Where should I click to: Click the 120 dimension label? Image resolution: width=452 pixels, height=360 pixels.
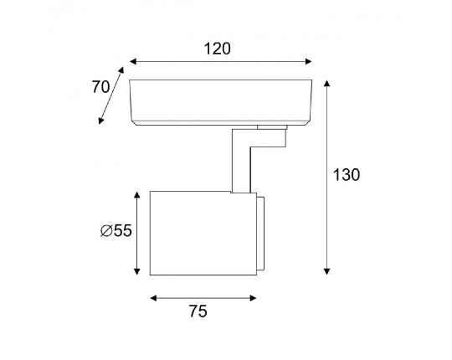[x=218, y=49]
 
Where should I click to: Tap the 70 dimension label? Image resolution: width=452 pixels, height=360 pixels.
[x=100, y=87]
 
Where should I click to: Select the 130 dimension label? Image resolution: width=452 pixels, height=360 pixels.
[x=347, y=175]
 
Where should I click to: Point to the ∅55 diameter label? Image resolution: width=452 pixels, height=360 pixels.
[x=116, y=230]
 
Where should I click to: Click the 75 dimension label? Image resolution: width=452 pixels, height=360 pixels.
[x=198, y=311]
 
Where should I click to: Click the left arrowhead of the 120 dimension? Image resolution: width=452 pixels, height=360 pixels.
[x=133, y=61]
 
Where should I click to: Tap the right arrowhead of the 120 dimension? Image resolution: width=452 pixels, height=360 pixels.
[x=308, y=61]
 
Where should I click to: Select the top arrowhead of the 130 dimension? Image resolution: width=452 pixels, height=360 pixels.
[x=326, y=83]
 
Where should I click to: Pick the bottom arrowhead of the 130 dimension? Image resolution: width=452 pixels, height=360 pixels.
[x=326, y=271]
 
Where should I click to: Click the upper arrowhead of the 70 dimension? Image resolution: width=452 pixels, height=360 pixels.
[x=121, y=70]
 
